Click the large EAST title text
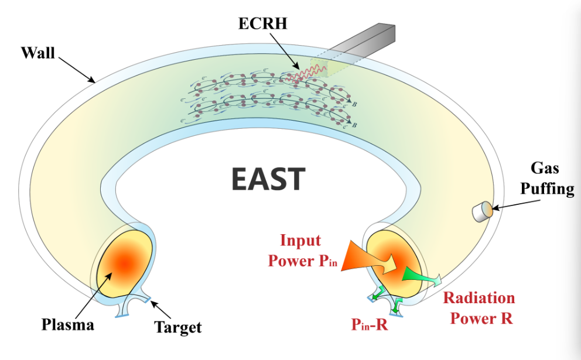point(268,179)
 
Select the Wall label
point(37,53)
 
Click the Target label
point(178,327)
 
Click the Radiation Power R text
point(479,308)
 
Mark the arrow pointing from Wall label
point(76,67)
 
